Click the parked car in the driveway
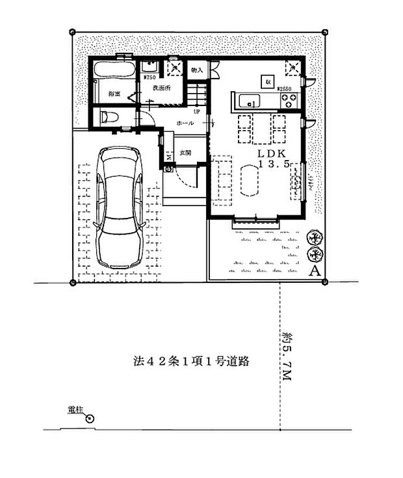pyautogui.click(x=119, y=206)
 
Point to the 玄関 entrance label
pyautogui.click(x=185, y=153)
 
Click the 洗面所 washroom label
pyautogui.click(x=161, y=87)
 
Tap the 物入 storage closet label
pyautogui.click(x=197, y=70)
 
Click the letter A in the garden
pyautogui.click(x=313, y=271)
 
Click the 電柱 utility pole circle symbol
pyautogui.click(x=89, y=419)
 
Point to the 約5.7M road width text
pyautogui.click(x=287, y=358)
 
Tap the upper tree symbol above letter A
pyautogui.click(x=313, y=237)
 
